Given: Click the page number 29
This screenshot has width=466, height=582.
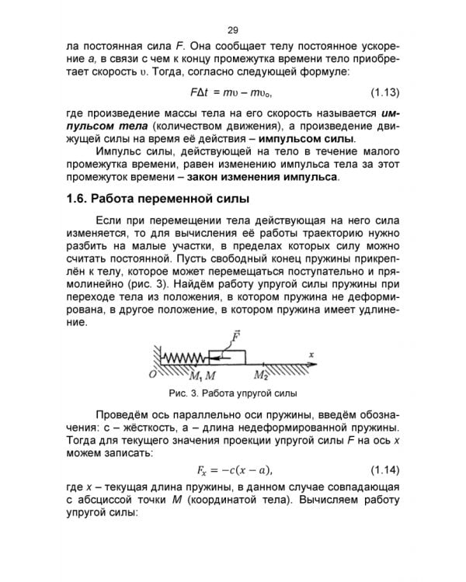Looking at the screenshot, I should [232, 30].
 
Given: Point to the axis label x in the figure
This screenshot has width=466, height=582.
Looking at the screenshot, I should [311, 355].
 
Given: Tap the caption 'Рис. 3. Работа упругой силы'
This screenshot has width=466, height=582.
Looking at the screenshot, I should [232, 393].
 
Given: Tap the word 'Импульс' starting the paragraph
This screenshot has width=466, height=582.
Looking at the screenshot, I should [118, 152].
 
